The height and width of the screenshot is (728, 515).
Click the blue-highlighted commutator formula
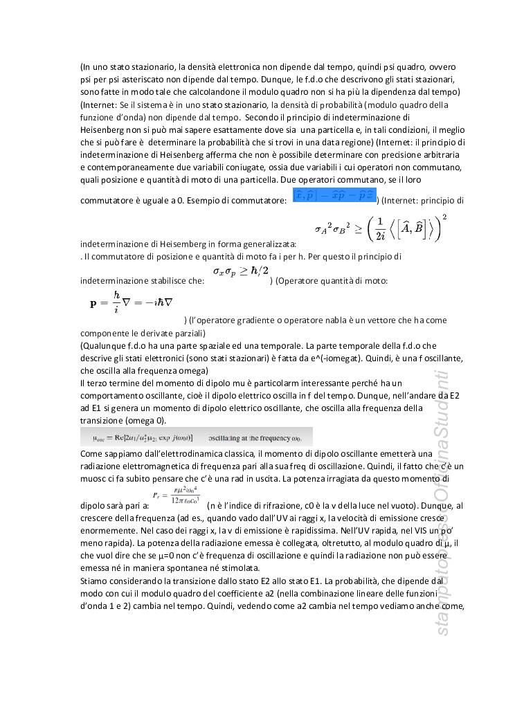tap(334, 195)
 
